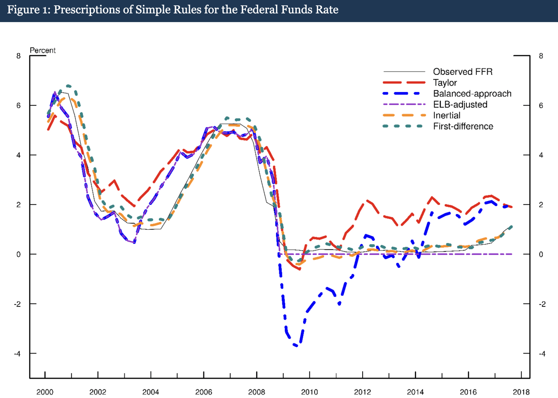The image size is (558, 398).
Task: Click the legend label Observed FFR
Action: pyautogui.click(x=462, y=72)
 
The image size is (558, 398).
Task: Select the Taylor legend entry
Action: pyautogui.click(x=445, y=83)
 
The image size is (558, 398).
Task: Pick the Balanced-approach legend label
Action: pyautogui.click(x=472, y=94)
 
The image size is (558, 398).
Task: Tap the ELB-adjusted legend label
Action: pyautogui.click(x=460, y=104)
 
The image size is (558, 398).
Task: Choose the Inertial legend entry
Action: pyautogui.click(x=446, y=115)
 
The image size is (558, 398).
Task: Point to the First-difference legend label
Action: pyautogui.click(x=463, y=126)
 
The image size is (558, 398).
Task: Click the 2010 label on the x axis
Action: pyautogui.click(x=309, y=392)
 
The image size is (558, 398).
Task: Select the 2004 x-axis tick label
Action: pyautogui.click(x=150, y=392)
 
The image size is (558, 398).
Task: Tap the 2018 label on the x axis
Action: pyautogui.click(x=521, y=392)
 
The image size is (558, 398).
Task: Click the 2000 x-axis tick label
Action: pyautogui.click(x=45, y=392)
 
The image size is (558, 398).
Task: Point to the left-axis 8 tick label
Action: pyautogui.click(x=19, y=56)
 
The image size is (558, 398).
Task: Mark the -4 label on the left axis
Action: pyautogui.click(x=17, y=354)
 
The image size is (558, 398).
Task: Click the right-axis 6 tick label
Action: pyautogui.click(x=541, y=106)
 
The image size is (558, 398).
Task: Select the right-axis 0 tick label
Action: pyautogui.click(x=541, y=254)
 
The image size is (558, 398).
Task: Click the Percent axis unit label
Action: pyautogui.click(x=43, y=50)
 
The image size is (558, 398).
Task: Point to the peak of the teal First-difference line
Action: pyautogui.click(x=68, y=86)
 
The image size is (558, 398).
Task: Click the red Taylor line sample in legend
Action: pyautogui.click(x=404, y=83)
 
